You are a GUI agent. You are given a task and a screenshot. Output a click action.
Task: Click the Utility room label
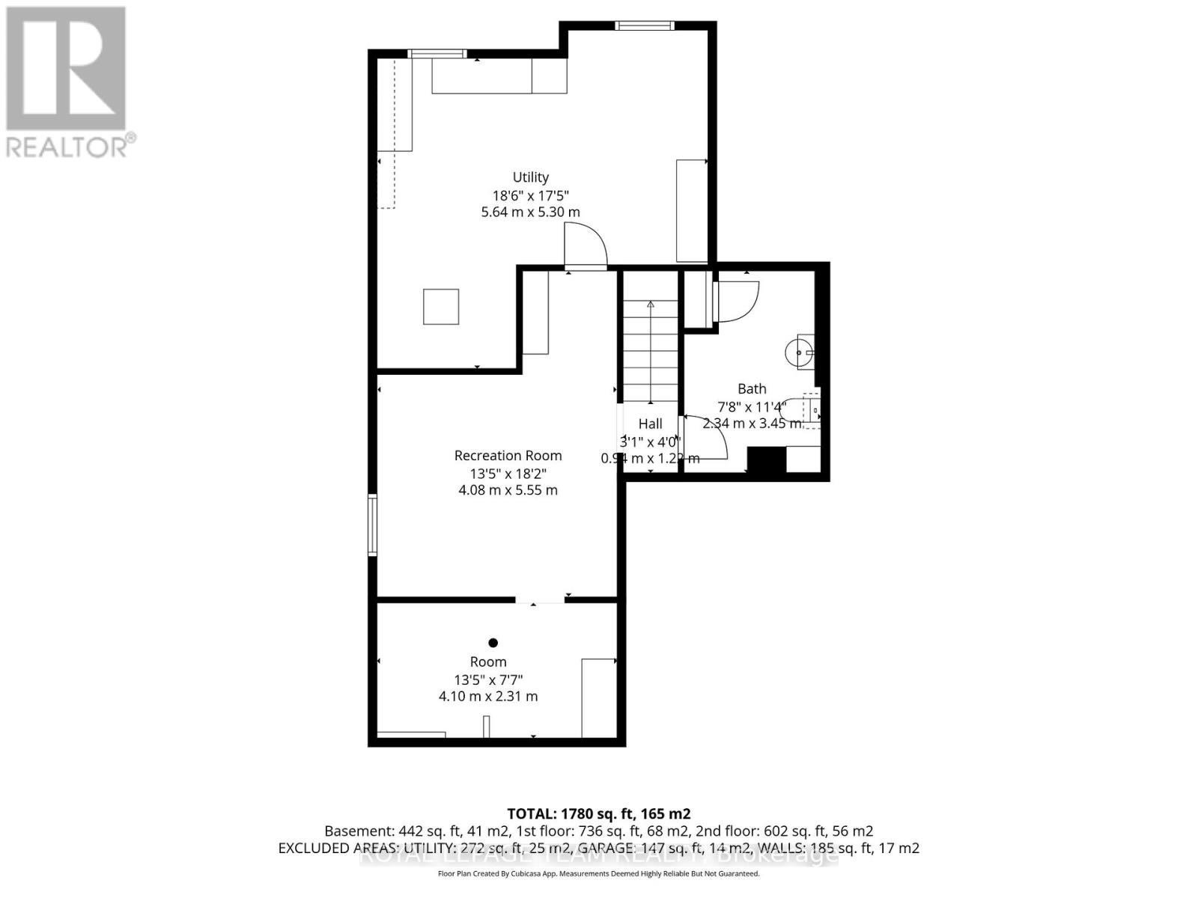pyautogui.click(x=530, y=177)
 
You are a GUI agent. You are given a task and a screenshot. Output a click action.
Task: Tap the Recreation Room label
pyautogui.click(x=508, y=456)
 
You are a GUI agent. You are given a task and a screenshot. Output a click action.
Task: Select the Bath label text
pyautogui.click(x=752, y=388)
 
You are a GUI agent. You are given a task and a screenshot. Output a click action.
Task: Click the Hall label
pyautogui.click(x=650, y=424)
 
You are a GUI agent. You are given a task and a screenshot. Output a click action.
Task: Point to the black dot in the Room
pyautogui.click(x=493, y=643)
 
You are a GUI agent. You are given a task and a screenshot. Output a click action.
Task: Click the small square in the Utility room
pyautogui.click(x=441, y=307)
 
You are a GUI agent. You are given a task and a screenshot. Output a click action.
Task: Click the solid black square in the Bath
pyautogui.click(x=766, y=459)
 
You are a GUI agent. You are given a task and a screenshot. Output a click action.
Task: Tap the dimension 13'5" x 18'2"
pyautogui.click(x=508, y=474)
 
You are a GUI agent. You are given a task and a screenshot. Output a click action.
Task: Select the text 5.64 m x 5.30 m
pyautogui.click(x=530, y=212)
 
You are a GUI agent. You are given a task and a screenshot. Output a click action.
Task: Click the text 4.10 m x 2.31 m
pyautogui.click(x=488, y=696)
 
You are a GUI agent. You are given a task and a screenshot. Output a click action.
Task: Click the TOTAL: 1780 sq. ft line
pyautogui.click(x=598, y=813)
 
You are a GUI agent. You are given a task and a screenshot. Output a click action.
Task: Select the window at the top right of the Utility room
pyautogui.click(x=644, y=26)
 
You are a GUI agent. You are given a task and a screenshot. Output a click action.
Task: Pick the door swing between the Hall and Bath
pyautogui.click(x=705, y=437)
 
